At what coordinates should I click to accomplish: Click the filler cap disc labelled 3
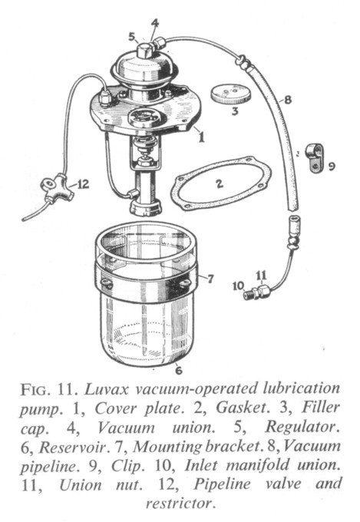coord(230,94)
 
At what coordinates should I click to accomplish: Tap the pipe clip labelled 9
coord(315,157)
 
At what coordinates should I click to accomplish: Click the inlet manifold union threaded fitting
coord(249,295)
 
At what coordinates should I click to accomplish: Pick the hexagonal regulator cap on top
coord(145,51)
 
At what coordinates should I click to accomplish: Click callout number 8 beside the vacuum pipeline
coord(287,100)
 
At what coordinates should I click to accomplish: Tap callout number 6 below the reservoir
coord(179,370)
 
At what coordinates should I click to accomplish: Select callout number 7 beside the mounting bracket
coord(210,279)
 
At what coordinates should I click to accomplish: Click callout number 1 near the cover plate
coord(201,137)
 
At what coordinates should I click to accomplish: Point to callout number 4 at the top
coord(155,23)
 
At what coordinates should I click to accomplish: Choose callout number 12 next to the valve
coord(83,183)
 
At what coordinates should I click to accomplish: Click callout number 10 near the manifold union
coord(239,286)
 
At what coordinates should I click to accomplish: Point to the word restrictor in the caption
coord(179,503)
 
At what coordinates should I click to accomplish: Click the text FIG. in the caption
coord(35,390)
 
